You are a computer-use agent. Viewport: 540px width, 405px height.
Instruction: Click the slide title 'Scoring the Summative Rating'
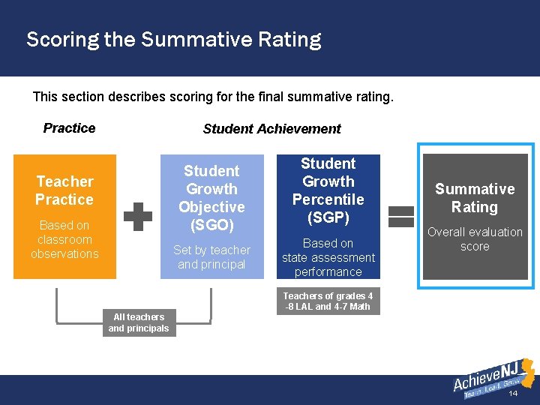click(173, 39)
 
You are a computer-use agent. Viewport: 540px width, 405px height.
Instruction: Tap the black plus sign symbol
click(138, 216)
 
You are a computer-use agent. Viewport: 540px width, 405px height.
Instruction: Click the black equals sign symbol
click(401, 216)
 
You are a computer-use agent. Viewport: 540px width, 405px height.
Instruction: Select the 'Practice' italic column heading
click(69, 128)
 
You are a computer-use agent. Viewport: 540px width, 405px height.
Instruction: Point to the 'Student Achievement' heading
click(271, 129)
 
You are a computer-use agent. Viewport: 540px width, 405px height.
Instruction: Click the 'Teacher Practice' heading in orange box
click(64, 190)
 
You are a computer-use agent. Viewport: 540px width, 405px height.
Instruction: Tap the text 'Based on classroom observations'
click(64, 239)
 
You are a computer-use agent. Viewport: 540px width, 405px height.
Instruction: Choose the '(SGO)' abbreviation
click(211, 225)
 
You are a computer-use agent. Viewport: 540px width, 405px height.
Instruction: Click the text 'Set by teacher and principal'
click(211, 257)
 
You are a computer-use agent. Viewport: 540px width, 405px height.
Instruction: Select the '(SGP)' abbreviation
click(328, 217)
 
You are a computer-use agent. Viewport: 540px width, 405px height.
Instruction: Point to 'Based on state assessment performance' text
click(328, 257)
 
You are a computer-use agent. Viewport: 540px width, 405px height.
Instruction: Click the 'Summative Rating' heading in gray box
click(475, 198)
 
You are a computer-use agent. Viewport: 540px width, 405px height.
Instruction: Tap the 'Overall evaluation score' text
click(475, 239)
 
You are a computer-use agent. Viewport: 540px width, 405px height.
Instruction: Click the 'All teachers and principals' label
click(139, 322)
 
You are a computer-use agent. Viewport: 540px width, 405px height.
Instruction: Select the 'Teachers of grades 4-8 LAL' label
click(328, 301)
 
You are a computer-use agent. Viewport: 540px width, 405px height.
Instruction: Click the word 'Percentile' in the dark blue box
click(328, 199)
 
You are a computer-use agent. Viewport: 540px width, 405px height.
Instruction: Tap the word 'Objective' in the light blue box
click(211, 207)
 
